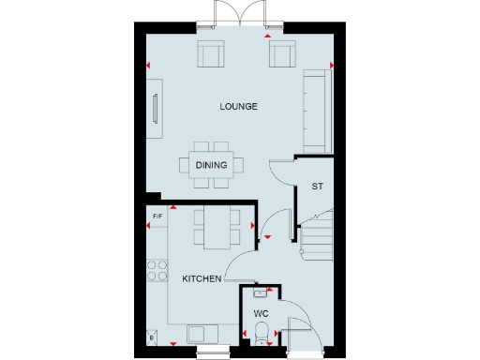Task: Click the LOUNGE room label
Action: (x=238, y=106)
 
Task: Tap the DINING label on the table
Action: (x=211, y=166)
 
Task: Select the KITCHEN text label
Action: (x=202, y=278)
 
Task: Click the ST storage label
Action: (x=317, y=187)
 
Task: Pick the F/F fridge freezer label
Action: (x=157, y=217)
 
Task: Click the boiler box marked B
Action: (x=151, y=336)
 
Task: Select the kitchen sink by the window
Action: (x=201, y=333)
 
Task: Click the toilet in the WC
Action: (x=262, y=331)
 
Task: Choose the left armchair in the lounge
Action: (x=210, y=55)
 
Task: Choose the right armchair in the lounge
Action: (x=281, y=55)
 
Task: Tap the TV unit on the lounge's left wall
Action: (x=156, y=105)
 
